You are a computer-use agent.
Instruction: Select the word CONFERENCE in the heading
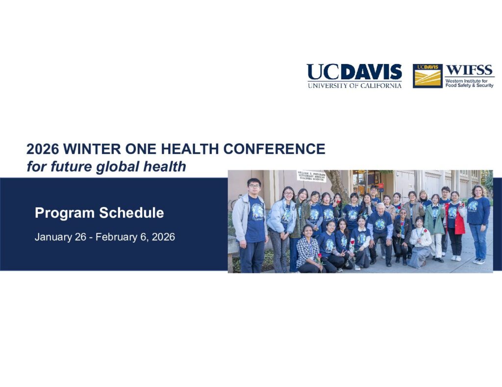pyautogui.click(x=274, y=149)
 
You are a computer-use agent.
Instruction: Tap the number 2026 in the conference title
pyautogui.click(x=43, y=149)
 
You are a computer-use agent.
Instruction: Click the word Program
pyautogui.click(x=65, y=213)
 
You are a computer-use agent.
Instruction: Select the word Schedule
pyautogui.click(x=131, y=212)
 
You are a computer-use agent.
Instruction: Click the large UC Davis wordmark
pyautogui.click(x=354, y=72)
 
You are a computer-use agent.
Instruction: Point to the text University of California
pyautogui.click(x=354, y=85)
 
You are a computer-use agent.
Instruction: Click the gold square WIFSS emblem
pyautogui.click(x=427, y=76)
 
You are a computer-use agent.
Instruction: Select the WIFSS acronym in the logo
pyautogui.click(x=469, y=70)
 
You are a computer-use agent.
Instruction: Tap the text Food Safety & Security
pyautogui.click(x=469, y=86)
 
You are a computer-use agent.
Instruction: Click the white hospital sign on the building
pyautogui.click(x=311, y=176)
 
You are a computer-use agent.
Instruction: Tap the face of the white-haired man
pyautogui.click(x=380, y=208)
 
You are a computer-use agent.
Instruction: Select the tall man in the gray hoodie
pyautogui.click(x=251, y=225)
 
